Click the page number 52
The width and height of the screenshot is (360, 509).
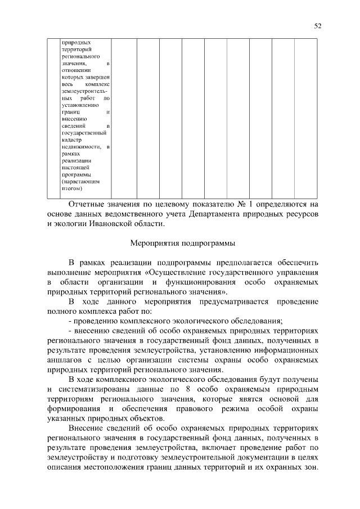point(318,26)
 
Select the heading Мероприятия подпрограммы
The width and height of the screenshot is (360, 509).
point(183,244)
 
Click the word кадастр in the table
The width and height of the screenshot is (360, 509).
point(72,140)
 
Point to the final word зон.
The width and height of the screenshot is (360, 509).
point(310,470)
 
